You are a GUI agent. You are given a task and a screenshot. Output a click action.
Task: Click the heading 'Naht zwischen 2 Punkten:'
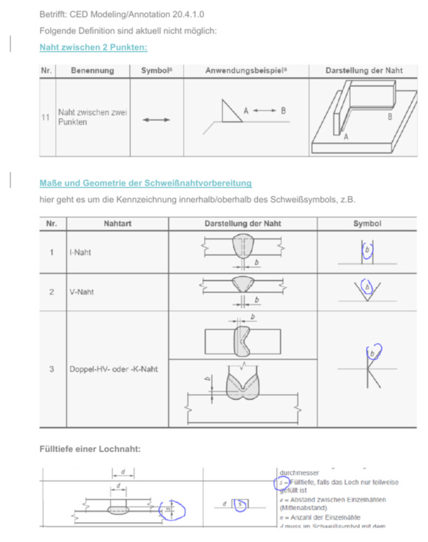(x=93, y=47)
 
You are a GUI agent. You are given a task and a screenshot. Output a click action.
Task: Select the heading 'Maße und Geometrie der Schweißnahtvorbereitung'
(x=145, y=183)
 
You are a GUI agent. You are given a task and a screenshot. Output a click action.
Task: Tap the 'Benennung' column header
(x=92, y=71)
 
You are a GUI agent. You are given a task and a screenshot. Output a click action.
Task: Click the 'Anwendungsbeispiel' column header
(x=246, y=71)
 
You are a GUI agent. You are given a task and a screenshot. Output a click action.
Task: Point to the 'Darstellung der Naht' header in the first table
(x=363, y=71)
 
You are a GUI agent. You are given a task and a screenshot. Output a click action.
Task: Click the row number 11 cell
(x=45, y=118)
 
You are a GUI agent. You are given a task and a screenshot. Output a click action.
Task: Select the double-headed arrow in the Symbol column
(x=156, y=119)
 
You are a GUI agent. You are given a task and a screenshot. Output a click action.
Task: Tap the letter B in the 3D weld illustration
(x=389, y=116)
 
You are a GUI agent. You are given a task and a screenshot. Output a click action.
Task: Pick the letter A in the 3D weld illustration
(x=346, y=136)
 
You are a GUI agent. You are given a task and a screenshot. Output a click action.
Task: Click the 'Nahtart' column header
(x=117, y=224)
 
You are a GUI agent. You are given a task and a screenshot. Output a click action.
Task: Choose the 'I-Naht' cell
(x=80, y=252)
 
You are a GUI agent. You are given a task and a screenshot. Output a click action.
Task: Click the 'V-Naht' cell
(x=81, y=292)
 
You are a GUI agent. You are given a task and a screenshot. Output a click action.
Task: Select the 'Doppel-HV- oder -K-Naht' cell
(x=113, y=369)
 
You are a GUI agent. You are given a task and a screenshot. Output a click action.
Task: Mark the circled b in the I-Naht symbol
(x=367, y=249)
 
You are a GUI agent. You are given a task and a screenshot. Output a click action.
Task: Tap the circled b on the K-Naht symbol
(x=373, y=353)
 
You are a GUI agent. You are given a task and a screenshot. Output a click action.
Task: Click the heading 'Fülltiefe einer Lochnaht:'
(x=90, y=449)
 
